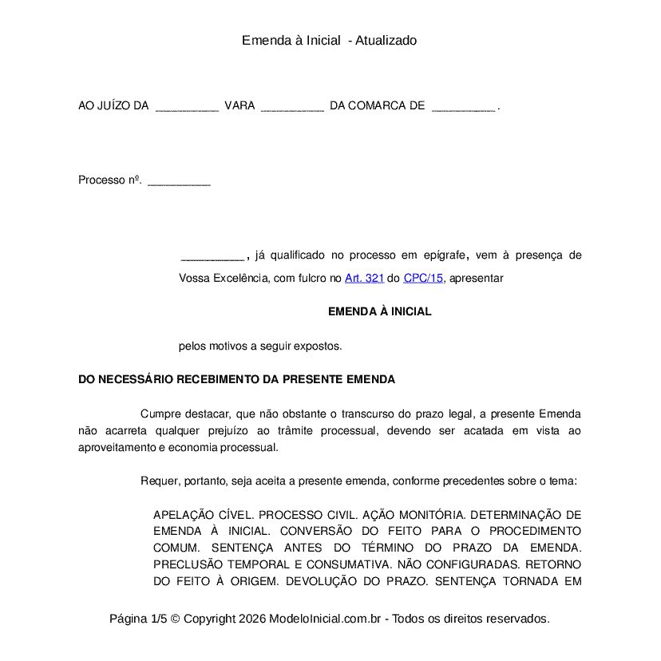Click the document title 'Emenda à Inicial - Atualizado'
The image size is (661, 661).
(x=329, y=41)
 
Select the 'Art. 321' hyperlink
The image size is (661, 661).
(x=364, y=279)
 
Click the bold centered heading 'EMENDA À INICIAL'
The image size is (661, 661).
(x=379, y=312)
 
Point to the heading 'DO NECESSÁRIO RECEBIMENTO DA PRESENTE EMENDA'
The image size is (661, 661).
(x=236, y=380)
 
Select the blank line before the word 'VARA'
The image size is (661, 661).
(x=187, y=108)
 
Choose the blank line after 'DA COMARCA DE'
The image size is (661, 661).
(x=463, y=108)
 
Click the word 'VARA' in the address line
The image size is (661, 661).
(x=239, y=106)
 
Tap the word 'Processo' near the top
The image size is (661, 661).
(x=101, y=180)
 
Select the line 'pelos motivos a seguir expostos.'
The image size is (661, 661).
(x=260, y=346)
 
